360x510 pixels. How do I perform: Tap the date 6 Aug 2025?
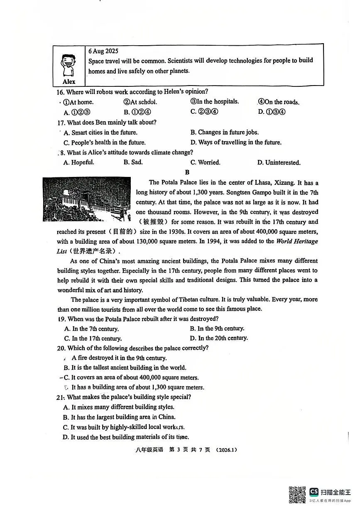pos(103,51)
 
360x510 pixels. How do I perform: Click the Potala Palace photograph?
pos(86,200)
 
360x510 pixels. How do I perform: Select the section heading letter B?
pos(187,172)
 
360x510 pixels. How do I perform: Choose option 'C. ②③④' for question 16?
pos(204,112)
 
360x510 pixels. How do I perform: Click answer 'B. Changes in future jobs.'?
pos(225,132)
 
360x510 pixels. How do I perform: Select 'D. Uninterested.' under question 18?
pos(279,162)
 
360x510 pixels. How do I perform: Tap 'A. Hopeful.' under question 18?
pos(79,162)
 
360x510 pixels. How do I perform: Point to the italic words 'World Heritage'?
pos(297,241)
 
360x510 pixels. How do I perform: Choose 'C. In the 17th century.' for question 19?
pos(93,338)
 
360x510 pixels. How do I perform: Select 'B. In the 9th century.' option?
pos(218,329)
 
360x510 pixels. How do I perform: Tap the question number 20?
pos(61,348)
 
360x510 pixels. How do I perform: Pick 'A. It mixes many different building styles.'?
pos(119,407)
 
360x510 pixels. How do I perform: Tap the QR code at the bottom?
pos(297,494)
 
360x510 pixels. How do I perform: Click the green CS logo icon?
pos(314,492)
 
